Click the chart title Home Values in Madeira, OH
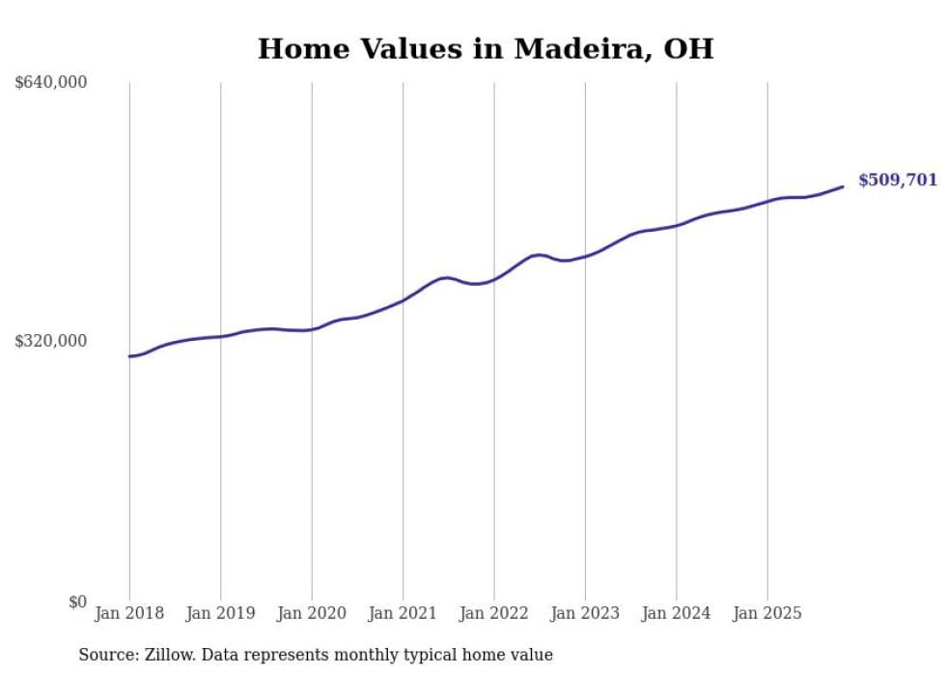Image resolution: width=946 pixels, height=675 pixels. [x=485, y=49]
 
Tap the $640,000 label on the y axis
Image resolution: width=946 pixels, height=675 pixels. [x=51, y=83]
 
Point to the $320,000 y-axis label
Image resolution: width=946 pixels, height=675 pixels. [x=51, y=341]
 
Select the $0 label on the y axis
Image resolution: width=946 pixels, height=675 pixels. [x=77, y=602]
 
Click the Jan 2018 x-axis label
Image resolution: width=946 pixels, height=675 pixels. [x=129, y=613]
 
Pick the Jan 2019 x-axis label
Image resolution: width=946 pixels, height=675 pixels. [x=220, y=613]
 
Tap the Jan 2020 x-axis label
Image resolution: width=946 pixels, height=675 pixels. [x=312, y=613]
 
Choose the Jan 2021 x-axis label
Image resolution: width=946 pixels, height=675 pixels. [x=403, y=613]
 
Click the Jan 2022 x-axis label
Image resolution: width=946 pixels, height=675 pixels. [x=494, y=613]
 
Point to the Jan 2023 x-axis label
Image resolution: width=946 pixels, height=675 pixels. [x=585, y=613]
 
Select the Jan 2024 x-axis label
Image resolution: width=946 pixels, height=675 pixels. [x=677, y=613]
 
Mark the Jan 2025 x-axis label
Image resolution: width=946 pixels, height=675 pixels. [x=767, y=613]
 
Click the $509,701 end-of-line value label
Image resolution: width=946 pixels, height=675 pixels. [x=897, y=181]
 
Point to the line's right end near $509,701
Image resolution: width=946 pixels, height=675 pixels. [x=843, y=186]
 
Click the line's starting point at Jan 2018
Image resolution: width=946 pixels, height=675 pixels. [x=129, y=356]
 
